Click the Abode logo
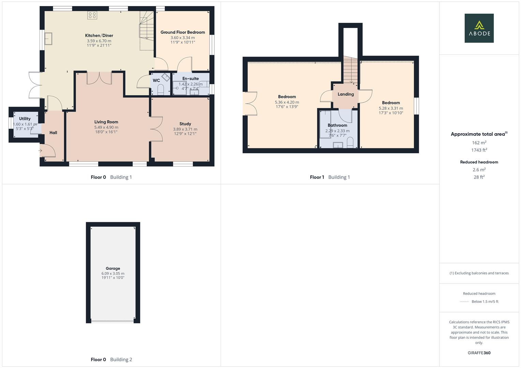pyautogui.click(x=479, y=28)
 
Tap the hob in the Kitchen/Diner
pyautogui.click(x=92, y=15)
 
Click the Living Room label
pyautogui.click(x=106, y=122)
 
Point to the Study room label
pyautogui.click(x=185, y=124)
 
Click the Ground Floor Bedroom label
pyautogui.click(x=183, y=32)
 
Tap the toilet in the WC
pyautogui.click(x=161, y=90)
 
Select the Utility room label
pyautogui.click(x=25, y=119)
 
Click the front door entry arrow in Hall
pyautogui.click(x=40, y=151)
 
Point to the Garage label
pyautogui.click(x=113, y=269)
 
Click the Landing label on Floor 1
pyautogui.click(x=346, y=94)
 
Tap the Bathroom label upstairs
pyautogui.click(x=337, y=125)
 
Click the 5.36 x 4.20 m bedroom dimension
pyautogui.click(x=287, y=102)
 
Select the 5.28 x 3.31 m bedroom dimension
pyautogui.click(x=391, y=108)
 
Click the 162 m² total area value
pyautogui.click(x=479, y=143)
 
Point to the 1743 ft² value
pyautogui.click(x=479, y=150)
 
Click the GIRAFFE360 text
pyautogui.click(x=479, y=353)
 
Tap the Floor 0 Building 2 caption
pyautogui.click(x=111, y=359)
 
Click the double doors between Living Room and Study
pyautogui.click(x=156, y=129)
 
